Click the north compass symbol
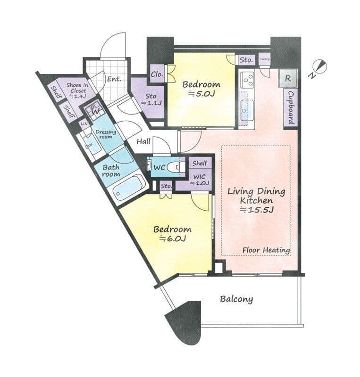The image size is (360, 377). click(x=318, y=68)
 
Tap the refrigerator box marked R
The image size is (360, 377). click(x=288, y=78)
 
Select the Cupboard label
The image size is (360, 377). click(x=291, y=107)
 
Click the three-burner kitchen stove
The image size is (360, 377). click(x=248, y=79)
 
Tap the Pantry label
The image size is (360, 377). click(x=264, y=59)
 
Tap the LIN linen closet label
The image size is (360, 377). click(x=84, y=124)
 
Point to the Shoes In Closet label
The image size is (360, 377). click(x=77, y=90)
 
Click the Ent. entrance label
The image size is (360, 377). click(x=114, y=79)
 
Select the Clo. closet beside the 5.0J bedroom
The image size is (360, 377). click(x=157, y=74)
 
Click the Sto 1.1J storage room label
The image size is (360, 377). click(x=151, y=99)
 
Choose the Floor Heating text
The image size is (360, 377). click(x=266, y=250)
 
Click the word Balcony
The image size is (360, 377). click(x=236, y=299)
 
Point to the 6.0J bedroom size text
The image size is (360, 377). click(x=173, y=238)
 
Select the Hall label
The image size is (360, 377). click(x=143, y=141)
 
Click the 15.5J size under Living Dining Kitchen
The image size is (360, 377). click(x=257, y=210)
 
